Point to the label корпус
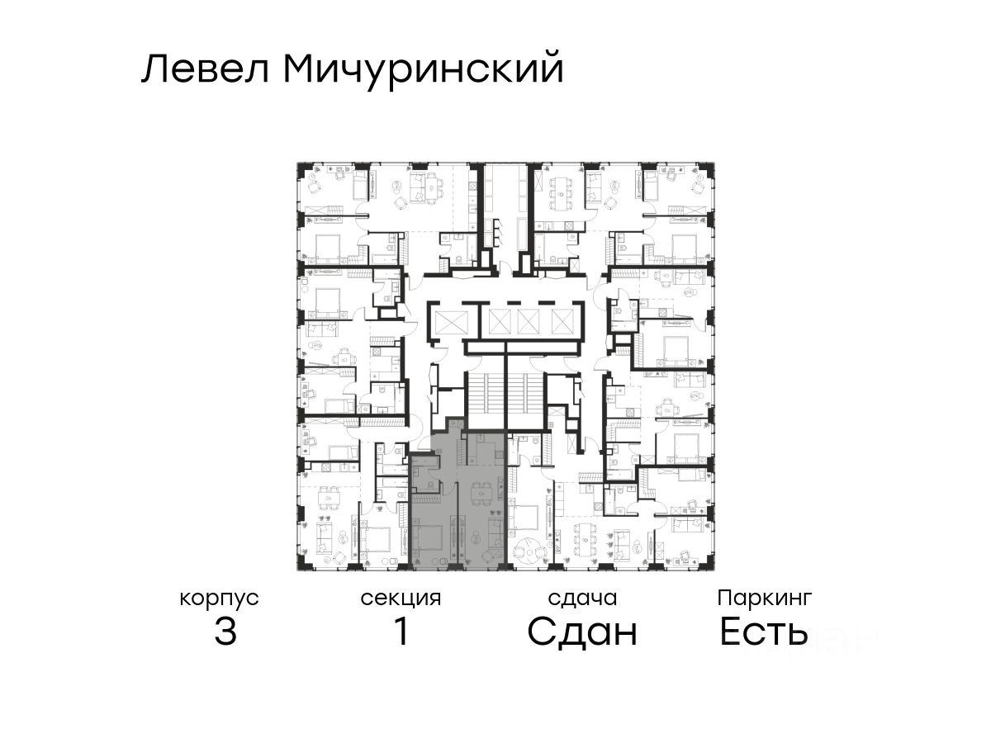pyautogui.click(x=220, y=598)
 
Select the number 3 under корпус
pyautogui.click(x=225, y=632)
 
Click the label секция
pyautogui.click(x=401, y=598)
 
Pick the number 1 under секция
pyautogui.click(x=401, y=632)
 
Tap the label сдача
pyautogui.click(x=582, y=598)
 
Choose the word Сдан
pyautogui.click(x=582, y=632)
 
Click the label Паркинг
pyautogui.click(x=765, y=598)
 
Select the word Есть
pyautogui.click(x=763, y=632)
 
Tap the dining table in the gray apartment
pyautogui.click(x=478, y=494)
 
